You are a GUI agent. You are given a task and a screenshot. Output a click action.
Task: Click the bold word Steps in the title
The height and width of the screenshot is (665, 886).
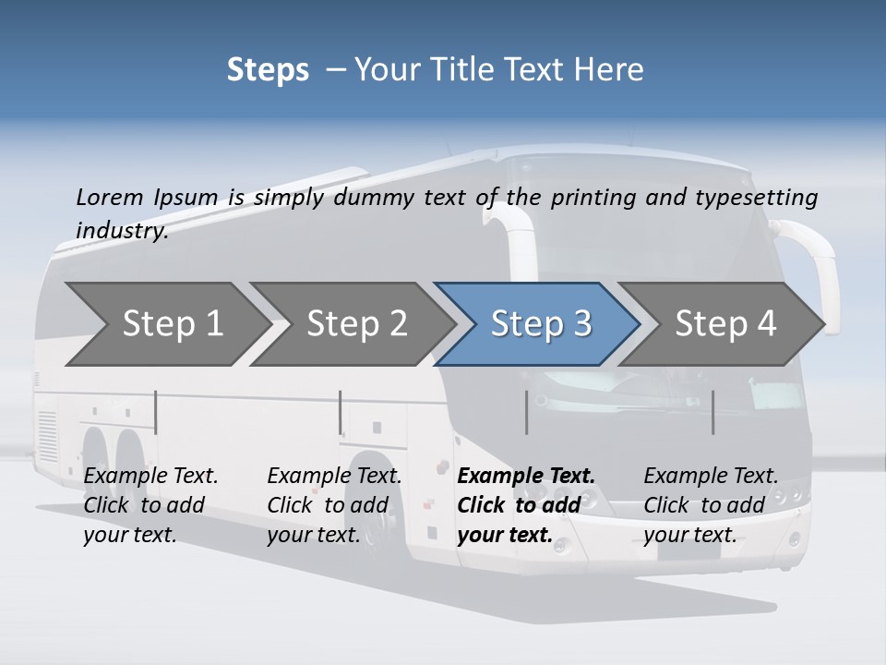click(268, 70)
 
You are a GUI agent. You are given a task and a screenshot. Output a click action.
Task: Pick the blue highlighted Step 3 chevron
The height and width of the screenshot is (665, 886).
click(540, 323)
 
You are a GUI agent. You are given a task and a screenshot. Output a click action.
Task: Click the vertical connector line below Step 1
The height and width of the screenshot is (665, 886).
click(156, 412)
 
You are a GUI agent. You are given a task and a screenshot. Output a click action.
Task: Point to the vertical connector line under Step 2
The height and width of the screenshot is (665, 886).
click(341, 412)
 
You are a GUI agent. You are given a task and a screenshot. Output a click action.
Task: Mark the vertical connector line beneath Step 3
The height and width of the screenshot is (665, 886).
click(527, 412)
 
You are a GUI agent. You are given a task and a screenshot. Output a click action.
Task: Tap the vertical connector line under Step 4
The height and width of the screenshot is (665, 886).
click(712, 412)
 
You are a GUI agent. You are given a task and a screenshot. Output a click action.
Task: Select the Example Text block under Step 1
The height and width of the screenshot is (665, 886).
click(150, 504)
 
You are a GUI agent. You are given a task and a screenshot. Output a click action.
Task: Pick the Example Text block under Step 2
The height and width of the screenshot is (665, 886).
click(333, 504)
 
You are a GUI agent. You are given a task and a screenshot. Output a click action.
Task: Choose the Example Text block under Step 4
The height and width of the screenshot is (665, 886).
click(710, 504)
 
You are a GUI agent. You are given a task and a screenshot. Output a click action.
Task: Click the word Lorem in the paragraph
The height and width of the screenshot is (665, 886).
click(110, 197)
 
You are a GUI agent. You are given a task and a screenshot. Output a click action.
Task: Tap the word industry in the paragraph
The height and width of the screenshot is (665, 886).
click(121, 230)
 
